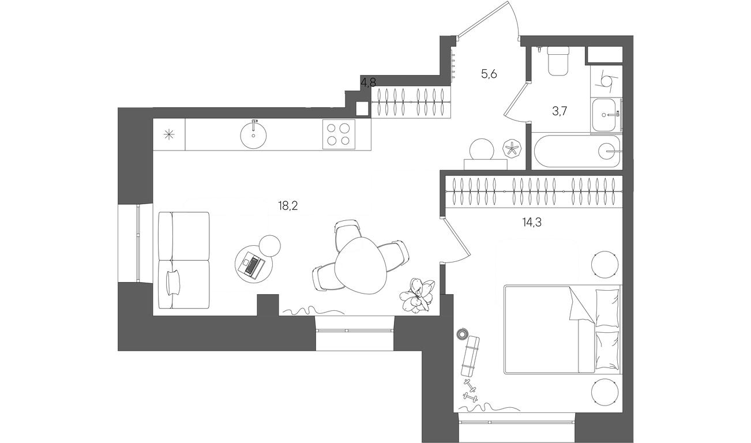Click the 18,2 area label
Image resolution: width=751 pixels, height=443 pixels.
(288, 205)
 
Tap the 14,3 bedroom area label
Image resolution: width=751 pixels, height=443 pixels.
(532, 222)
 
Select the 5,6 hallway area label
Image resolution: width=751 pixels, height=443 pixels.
(489, 74)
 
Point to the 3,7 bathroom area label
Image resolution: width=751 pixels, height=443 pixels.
(560, 111)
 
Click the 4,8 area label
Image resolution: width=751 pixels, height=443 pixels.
(368, 82)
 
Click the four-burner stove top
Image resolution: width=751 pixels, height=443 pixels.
(339, 134)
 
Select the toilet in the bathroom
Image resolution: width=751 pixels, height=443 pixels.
(558, 61)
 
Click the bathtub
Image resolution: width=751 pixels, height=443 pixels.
(576, 151)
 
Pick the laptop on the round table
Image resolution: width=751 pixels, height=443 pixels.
(251, 265)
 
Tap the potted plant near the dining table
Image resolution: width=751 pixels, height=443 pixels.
(417, 296)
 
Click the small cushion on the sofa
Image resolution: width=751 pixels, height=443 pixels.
(173, 283)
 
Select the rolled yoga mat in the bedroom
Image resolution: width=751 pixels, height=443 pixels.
(470, 355)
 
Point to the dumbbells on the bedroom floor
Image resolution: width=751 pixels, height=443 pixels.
(470, 390)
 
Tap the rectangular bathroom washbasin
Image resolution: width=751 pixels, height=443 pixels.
(606, 115)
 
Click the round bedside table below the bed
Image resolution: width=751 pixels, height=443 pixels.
(604, 392)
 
